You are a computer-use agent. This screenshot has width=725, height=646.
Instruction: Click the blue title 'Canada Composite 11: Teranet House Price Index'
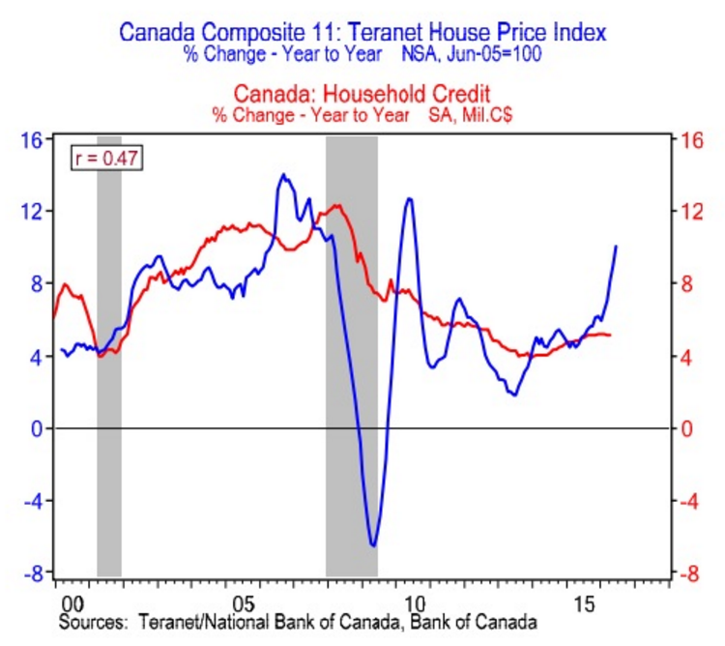(362, 32)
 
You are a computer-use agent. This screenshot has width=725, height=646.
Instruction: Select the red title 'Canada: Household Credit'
(362, 94)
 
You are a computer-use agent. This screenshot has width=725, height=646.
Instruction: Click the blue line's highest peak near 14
(282, 175)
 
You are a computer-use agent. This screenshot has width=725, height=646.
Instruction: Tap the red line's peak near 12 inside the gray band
(335, 205)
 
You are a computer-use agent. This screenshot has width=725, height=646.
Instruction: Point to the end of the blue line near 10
(617, 247)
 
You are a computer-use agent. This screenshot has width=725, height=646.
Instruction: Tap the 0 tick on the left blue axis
(39, 428)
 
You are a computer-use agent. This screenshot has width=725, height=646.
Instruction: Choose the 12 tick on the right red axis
(688, 212)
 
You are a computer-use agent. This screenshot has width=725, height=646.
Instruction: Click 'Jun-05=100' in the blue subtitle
(496, 54)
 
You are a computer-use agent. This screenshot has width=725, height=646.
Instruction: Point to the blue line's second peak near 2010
(410, 199)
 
